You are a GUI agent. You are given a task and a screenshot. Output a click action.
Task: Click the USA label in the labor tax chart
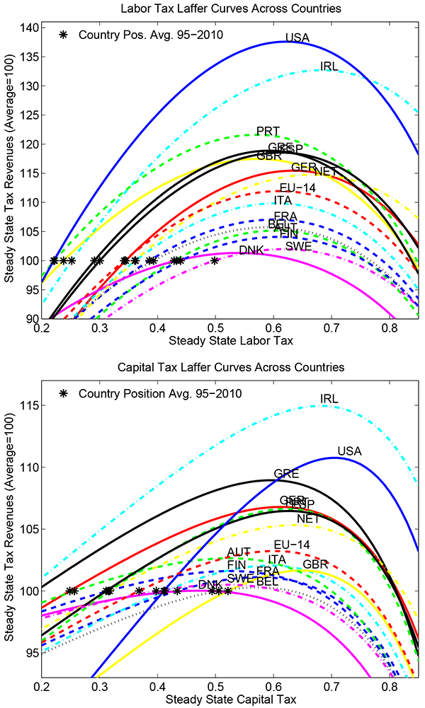[x=297, y=37]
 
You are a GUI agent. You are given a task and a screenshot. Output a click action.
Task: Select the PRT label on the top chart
[x=268, y=131]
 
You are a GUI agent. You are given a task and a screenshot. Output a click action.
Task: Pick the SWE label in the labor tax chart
[x=297, y=246]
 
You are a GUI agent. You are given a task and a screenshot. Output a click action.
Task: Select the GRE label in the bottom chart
[x=286, y=473]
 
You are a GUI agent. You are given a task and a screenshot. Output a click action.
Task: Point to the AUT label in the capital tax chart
[x=239, y=552]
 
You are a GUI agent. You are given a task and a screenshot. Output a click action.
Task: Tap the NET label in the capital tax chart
[x=309, y=518]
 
